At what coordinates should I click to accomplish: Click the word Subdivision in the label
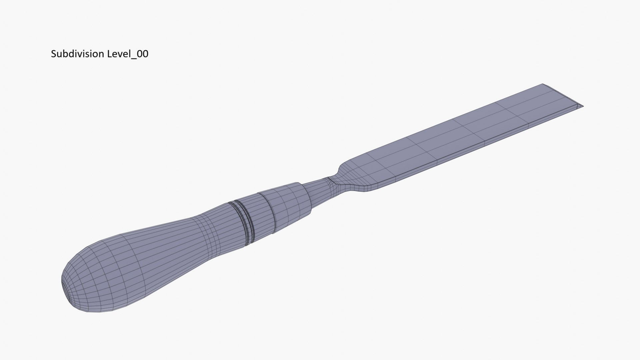pos(78,54)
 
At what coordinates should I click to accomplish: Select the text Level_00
pos(128,54)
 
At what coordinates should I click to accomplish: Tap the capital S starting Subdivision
pos(53,54)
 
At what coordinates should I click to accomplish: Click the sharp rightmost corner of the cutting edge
pos(582,106)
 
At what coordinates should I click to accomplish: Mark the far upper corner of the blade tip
pos(543,84)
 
